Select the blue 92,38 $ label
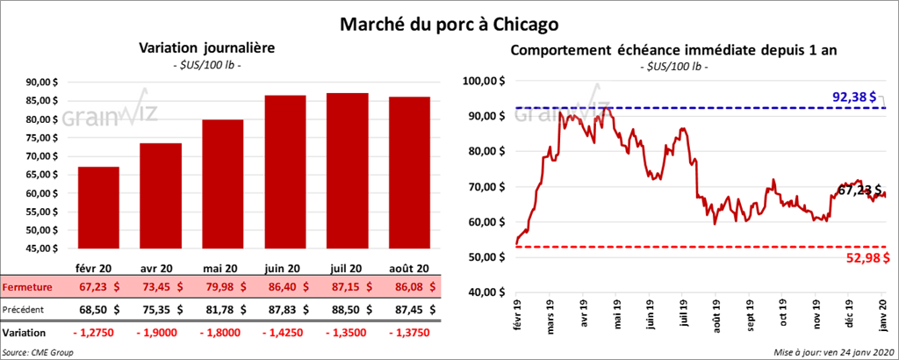855,97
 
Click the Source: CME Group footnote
39,351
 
